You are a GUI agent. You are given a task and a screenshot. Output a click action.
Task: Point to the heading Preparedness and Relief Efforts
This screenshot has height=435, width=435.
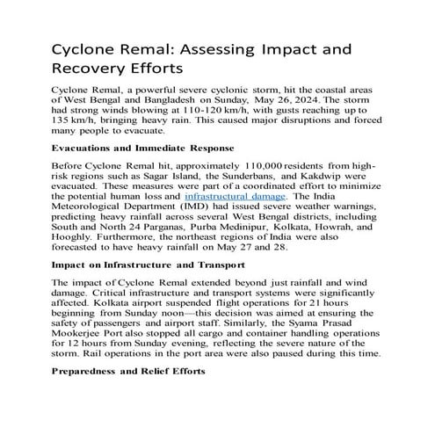tap(128, 395)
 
